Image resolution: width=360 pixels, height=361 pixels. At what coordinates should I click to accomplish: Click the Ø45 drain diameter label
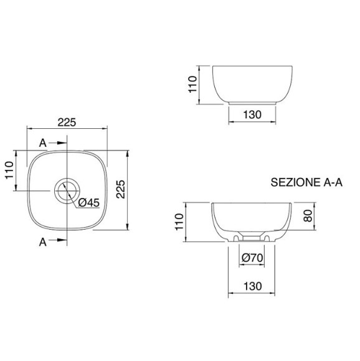point(89,203)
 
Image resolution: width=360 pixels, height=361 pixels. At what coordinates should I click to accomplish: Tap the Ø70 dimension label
point(252,258)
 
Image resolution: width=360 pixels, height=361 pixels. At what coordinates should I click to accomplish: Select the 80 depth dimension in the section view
point(308,216)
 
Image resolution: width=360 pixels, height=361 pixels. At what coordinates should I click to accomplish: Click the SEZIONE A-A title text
point(306,182)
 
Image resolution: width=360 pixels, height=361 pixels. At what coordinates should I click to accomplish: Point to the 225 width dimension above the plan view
point(67,122)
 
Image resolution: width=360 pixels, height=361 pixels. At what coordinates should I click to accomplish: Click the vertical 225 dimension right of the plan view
point(120,189)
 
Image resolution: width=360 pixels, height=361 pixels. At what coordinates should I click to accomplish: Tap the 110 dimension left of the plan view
point(9,170)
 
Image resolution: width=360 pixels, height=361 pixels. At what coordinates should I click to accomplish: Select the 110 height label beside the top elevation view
point(192,84)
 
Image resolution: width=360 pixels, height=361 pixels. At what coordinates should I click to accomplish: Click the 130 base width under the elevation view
point(252,115)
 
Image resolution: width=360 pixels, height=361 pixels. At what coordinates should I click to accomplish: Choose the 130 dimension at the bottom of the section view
point(253,286)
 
